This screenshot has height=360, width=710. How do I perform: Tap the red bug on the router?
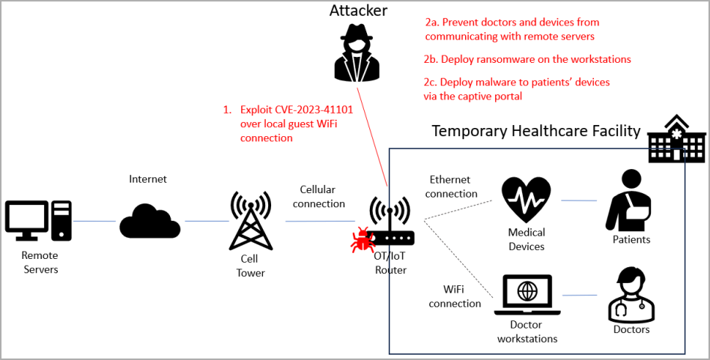click(362, 240)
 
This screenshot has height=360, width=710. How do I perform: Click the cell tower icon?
click(250, 221)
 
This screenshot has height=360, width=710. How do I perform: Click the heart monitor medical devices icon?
click(527, 201)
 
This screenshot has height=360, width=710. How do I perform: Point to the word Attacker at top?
click(359, 10)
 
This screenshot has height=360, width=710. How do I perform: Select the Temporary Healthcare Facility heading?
click(535, 132)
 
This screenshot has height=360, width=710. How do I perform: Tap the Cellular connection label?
click(319, 197)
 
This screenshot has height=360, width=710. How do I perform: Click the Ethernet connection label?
click(453, 186)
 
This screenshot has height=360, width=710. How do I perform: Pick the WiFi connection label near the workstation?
click(455, 296)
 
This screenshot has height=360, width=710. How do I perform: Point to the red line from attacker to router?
click(372, 135)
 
